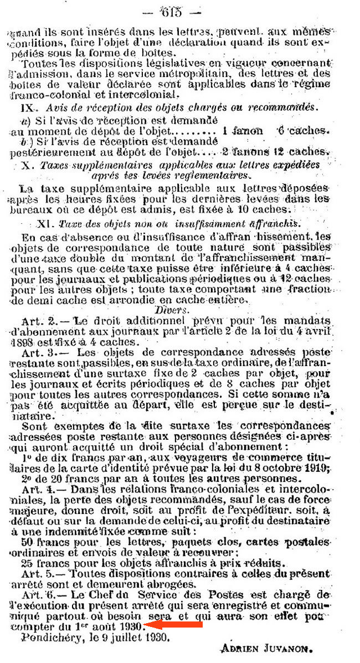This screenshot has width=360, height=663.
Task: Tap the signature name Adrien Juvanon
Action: (259, 646)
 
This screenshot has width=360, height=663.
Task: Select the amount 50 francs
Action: (42, 542)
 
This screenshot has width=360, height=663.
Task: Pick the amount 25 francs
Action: (42, 563)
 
